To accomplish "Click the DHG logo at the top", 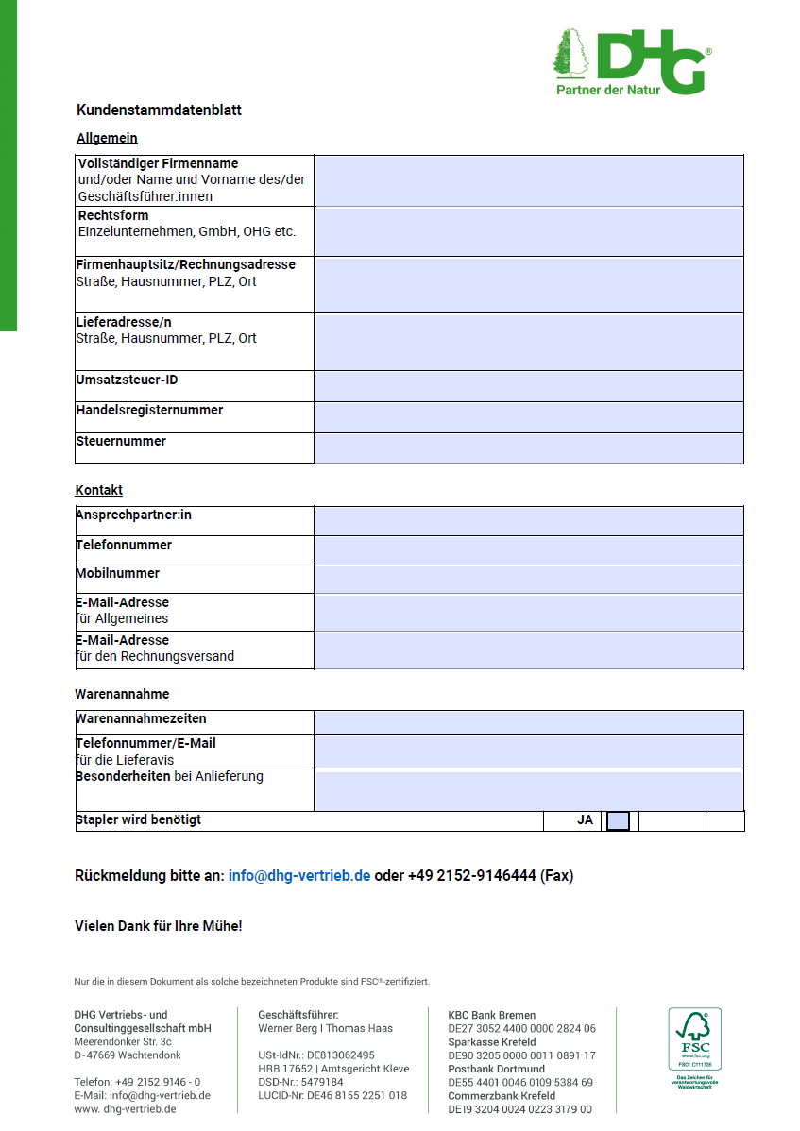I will click(x=631, y=62).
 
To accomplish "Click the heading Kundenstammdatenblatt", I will click(x=159, y=110).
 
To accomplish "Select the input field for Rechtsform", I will click(x=529, y=231).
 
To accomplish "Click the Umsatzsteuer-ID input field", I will click(x=529, y=386).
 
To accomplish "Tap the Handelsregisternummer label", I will click(x=149, y=411).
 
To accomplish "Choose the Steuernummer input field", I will click(x=529, y=447).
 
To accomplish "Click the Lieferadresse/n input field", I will click(x=529, y=342).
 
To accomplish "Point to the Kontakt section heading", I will click(x=99, y=491).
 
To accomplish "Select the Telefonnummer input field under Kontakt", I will click(x=529, y=550).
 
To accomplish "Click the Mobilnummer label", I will click(x=118, y=574).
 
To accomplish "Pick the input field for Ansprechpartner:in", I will click(x=529, y=521).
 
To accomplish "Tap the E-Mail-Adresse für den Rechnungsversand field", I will click(x=529, y=650).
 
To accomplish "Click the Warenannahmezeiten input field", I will click(x=529, y=722).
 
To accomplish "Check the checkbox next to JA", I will click(x=618, y=821).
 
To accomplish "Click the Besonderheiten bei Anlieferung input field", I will click(x=529, y=790).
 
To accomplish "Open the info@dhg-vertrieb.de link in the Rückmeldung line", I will click(x=299, y=876).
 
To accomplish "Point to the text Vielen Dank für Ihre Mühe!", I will click(x=159, y=926).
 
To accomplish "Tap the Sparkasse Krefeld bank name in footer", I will click(x=491, y=1042).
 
